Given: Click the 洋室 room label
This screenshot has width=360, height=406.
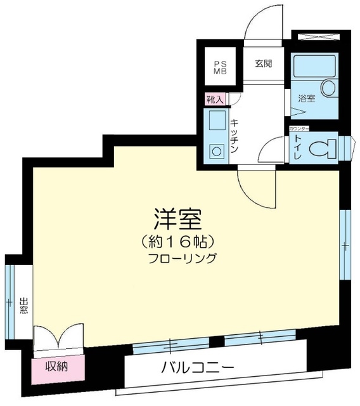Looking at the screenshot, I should [177, 219].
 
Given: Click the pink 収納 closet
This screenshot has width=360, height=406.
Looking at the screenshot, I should [56, 367].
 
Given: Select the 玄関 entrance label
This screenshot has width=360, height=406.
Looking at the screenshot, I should [263, 64].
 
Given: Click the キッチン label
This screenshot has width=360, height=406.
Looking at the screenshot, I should [234, 136].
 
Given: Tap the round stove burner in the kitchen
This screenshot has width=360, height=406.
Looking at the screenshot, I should [216, 152].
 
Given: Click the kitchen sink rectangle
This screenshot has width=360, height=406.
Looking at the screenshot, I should [215, 121].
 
